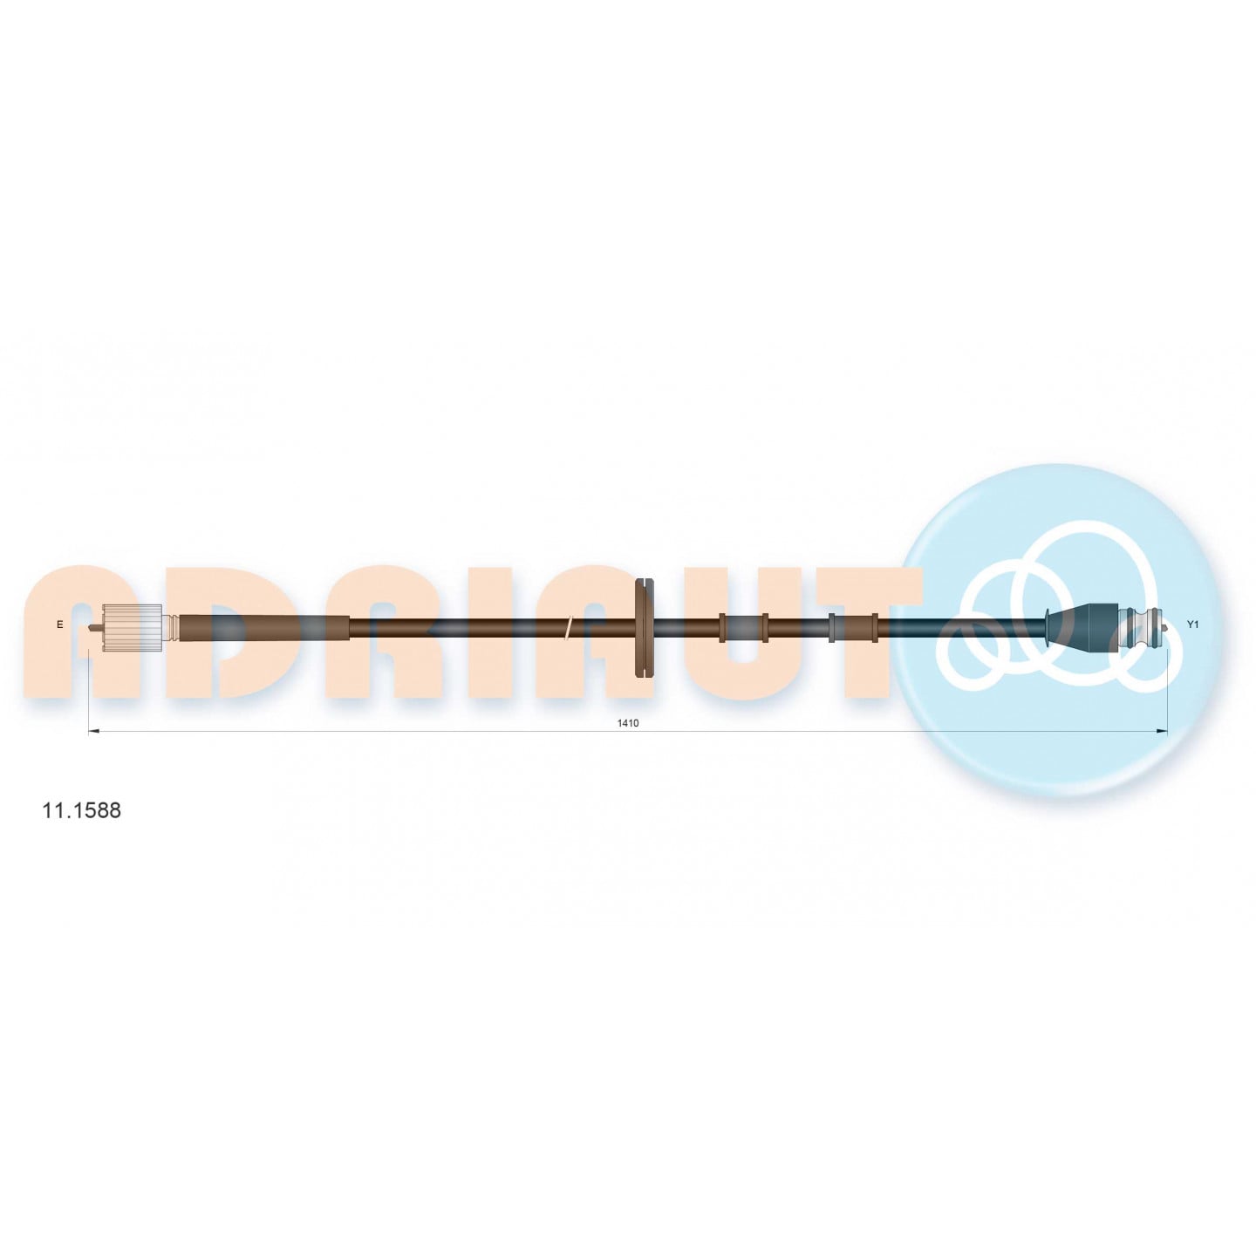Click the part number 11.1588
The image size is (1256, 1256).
81,810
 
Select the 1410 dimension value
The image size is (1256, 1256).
628,723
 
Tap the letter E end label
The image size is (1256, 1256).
60,625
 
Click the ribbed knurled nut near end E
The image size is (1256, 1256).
133,626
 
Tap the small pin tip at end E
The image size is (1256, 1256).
92,629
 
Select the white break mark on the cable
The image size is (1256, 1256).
569,626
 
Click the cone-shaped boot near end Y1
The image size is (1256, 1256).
1081,626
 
